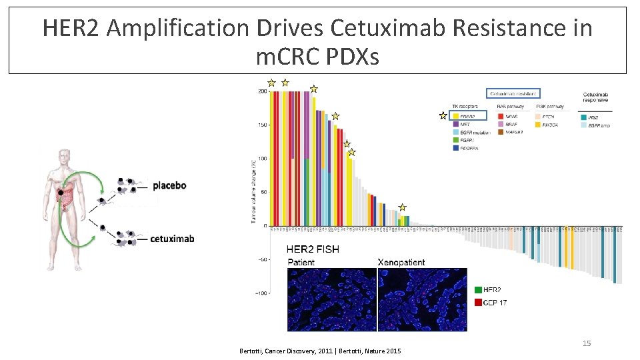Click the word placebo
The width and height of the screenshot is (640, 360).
click(169, 185)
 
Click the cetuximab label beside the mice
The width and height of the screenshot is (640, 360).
click(172, 238)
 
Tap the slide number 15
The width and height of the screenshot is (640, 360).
click(587, 343)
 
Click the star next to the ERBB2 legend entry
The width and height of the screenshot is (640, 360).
click(443, 115)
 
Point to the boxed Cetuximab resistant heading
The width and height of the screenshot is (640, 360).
click(513, 94)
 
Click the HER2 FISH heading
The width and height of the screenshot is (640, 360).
click(313, 249)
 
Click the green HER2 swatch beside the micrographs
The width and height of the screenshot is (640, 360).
click(479, 290)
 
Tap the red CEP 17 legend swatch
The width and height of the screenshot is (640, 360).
click(479, 303)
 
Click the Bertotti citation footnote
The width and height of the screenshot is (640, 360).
click(319, 351)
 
